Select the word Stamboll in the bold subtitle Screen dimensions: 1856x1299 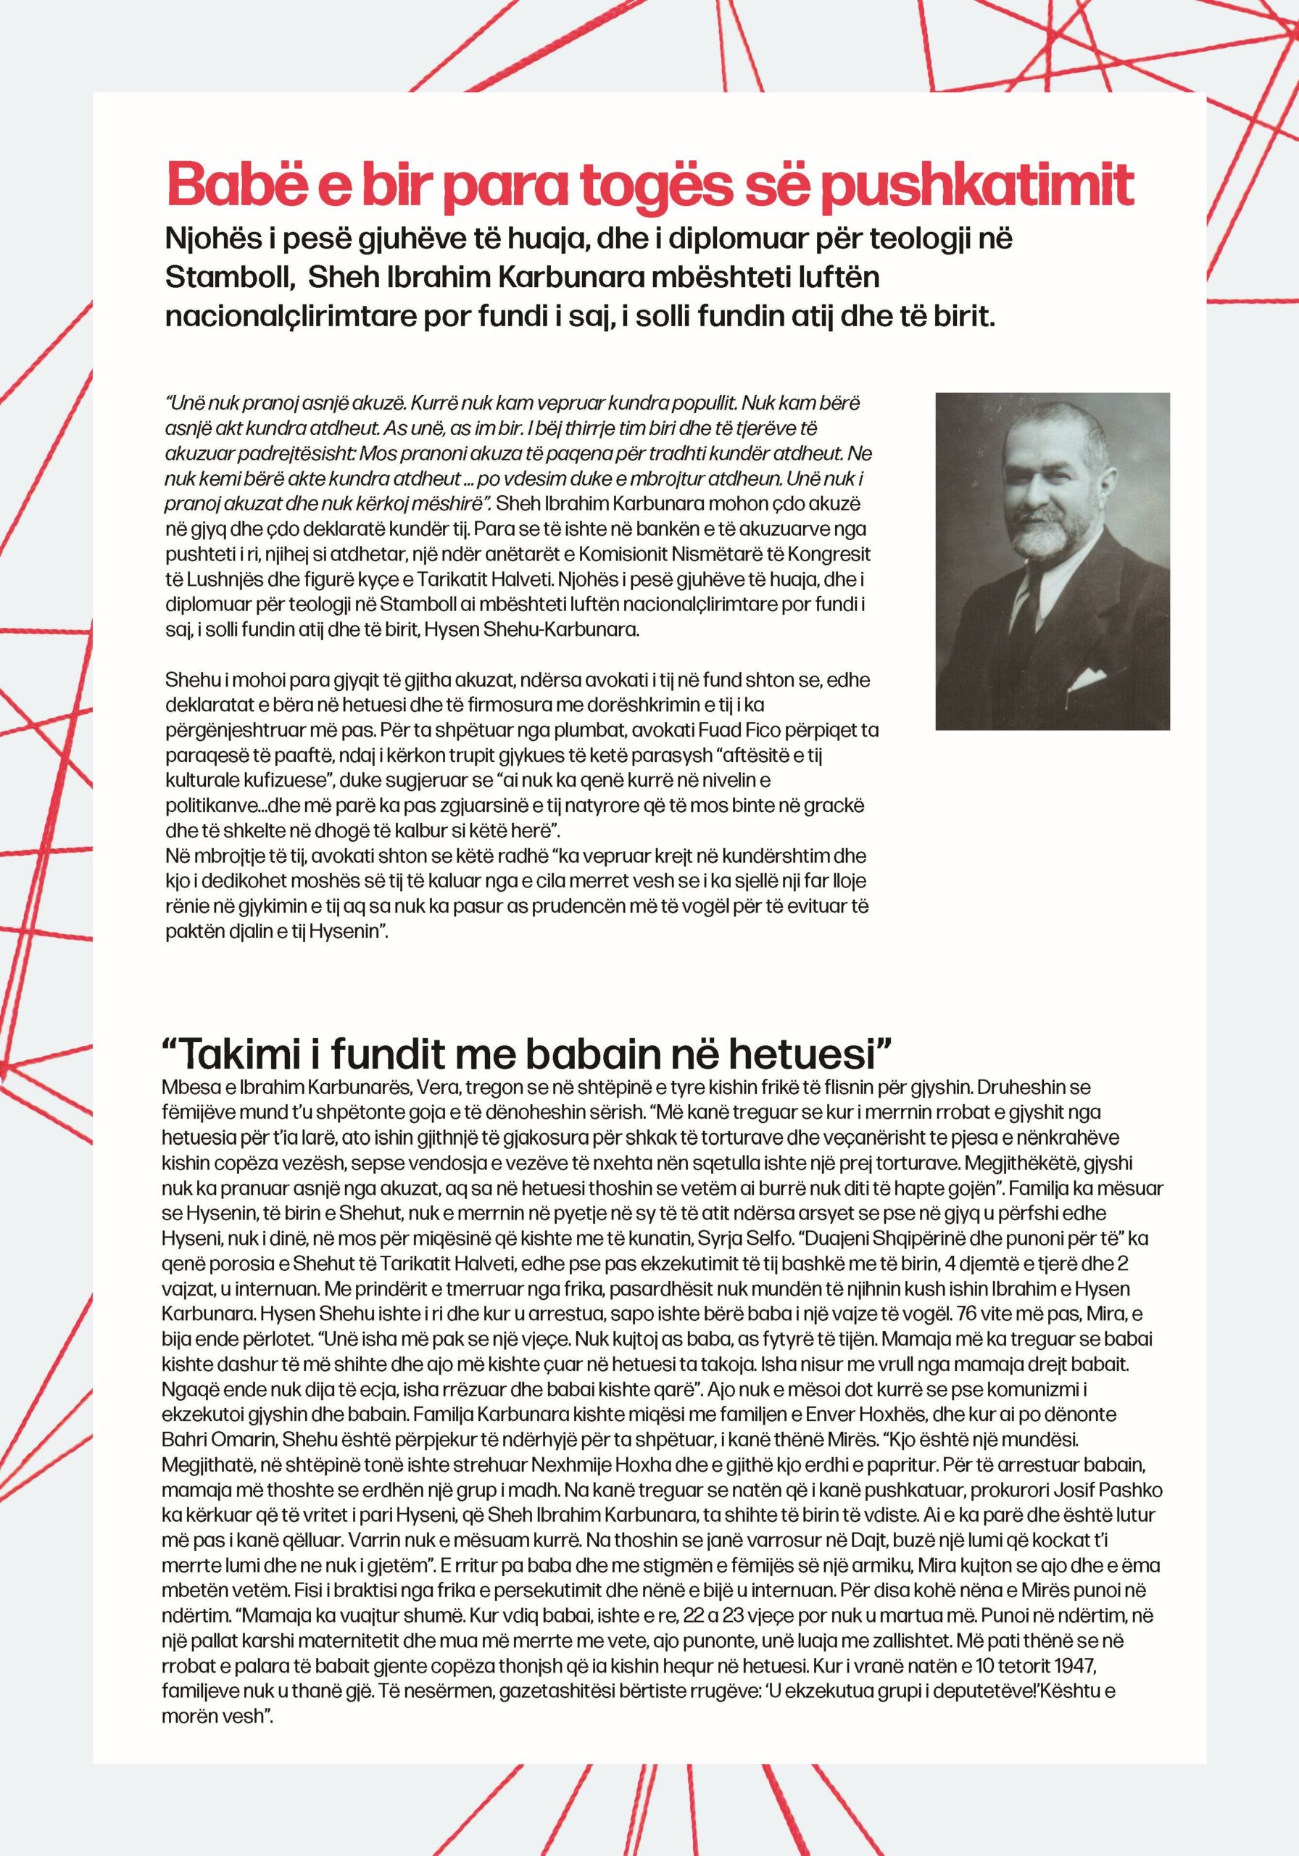point(225,277)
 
